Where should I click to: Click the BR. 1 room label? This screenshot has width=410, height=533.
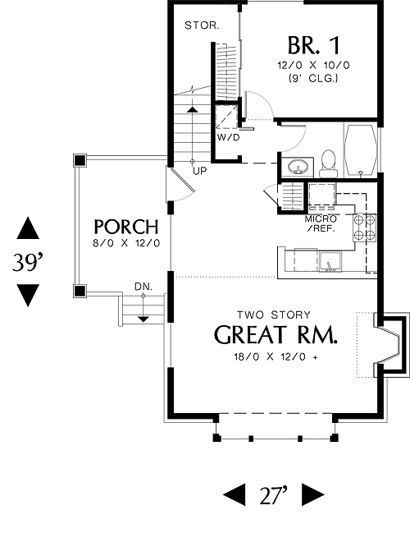(x=313, y=45)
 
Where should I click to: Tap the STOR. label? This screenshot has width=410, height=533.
(x=202, y=25)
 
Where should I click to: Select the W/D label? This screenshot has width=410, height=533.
(x=228, y=137)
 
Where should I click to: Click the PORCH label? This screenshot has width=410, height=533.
(x=126, y=227)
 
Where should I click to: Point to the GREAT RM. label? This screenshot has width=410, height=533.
(x=276, y=335)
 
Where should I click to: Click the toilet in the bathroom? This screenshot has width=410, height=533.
(x=329, y=163)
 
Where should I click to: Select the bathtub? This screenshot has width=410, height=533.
(x=361, y=149)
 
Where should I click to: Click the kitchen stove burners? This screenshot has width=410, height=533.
(x=365, y=227)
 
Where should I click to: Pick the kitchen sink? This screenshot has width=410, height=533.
(x=330, y=262)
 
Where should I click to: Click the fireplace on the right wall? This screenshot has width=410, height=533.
(x=390, y=345)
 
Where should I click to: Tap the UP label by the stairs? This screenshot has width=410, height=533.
(x=200, y=171)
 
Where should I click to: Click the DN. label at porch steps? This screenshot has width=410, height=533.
(x=143, y=287)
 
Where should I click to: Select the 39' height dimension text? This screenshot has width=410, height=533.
(x=29, y=262)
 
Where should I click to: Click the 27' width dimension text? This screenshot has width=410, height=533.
(x=274, y=495)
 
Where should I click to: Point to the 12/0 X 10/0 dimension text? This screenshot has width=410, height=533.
(x=313, y=65)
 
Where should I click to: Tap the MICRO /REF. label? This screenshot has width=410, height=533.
(x=321, y=223)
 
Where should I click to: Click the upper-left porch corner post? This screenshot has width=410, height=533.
(x=80, y=160)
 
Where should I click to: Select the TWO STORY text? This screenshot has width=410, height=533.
(x=274, y=315)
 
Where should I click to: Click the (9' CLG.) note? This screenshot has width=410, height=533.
(x=313, y=79)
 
